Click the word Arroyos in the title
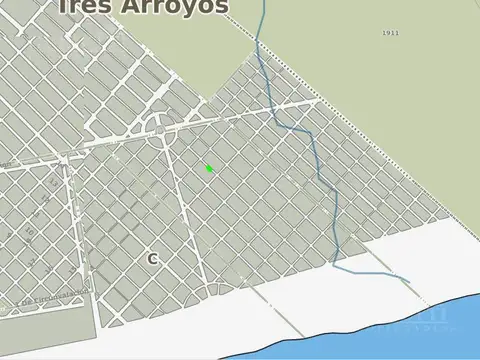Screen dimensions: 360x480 coord(176,7)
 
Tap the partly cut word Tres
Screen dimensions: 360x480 coord(85,6)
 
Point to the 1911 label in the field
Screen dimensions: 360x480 coord(390,33)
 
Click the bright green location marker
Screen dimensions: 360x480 coord(209,168)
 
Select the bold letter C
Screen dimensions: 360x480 coord(153,258)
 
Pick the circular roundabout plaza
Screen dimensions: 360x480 coord(159,125)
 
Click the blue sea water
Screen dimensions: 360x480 coord(420,335)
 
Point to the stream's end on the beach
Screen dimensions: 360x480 coord(409,282)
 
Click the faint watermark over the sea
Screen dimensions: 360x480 coord(425,318)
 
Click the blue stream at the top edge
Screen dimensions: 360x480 coord(264,5)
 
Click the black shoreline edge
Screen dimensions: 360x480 coord(330,335)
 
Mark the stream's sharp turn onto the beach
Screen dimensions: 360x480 coord(335,267)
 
